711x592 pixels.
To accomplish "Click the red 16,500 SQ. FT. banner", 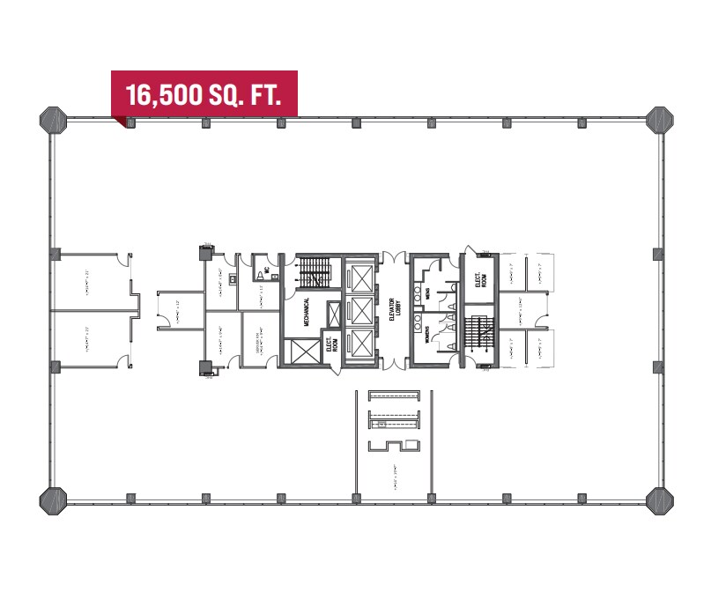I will click(x=204, y=93).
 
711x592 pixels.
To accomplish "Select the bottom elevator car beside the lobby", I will click(x=361, y=344).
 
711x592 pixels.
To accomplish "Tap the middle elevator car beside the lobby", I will click(x=361, y=310).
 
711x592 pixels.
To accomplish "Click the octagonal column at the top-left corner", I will click(x=53, y=119).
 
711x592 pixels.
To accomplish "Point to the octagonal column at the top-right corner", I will click(x=658, y=119).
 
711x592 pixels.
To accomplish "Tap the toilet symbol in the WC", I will click(x=261, y=276).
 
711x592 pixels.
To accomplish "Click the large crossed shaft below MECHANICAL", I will click(x=300, y=352).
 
